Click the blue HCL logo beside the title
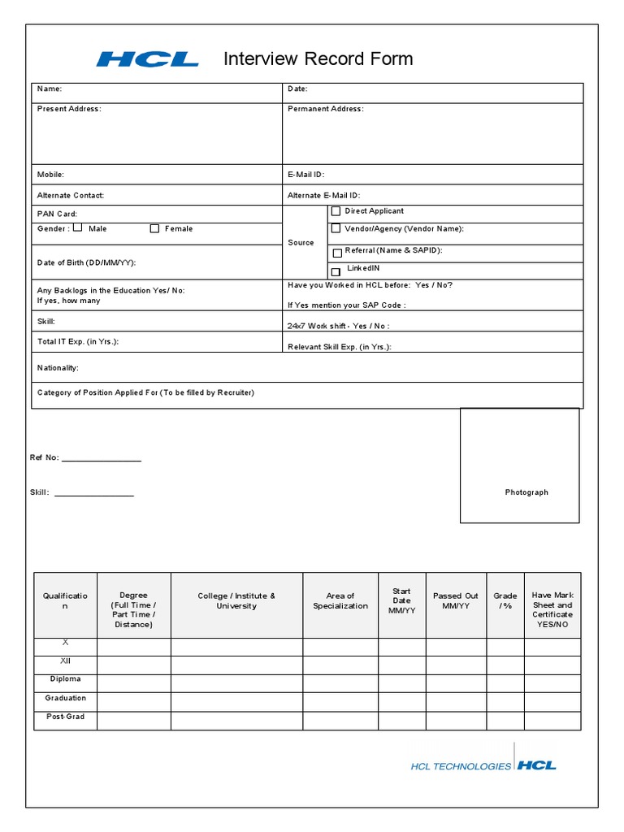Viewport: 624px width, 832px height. coord(148,59)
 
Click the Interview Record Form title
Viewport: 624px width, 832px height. coord(318,58)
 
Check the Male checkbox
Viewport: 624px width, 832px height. coord(78,228)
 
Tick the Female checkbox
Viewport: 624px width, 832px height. coord(154,229)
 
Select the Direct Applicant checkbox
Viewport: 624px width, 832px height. coord(336,211)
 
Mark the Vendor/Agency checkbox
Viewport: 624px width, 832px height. coord(336,229)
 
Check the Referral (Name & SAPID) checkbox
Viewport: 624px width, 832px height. coord(337,253)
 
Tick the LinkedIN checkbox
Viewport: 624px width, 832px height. coord(336,271)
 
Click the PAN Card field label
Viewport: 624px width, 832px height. coord(58,214)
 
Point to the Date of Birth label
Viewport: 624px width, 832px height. coord(86,262)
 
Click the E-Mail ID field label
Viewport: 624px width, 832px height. coord(306,175)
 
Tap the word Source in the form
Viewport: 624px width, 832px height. coord(301,243)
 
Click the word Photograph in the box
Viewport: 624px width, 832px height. coord(526,492)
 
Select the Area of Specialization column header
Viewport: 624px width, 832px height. coord(340,600)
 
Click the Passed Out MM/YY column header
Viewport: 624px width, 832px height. coord(456,600)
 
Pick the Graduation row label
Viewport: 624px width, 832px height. coord(65,698)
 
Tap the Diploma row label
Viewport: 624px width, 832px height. coord(65,679)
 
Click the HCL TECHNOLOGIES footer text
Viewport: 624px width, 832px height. coord(461,766)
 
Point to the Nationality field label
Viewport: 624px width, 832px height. coord(58,368)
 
